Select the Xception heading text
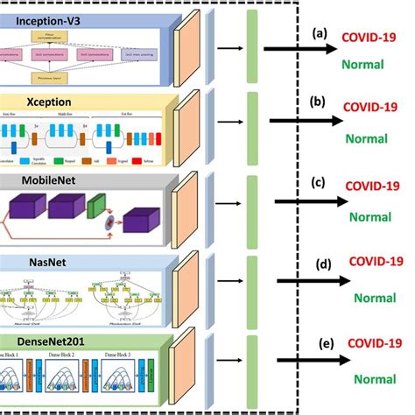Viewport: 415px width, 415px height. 38,102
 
